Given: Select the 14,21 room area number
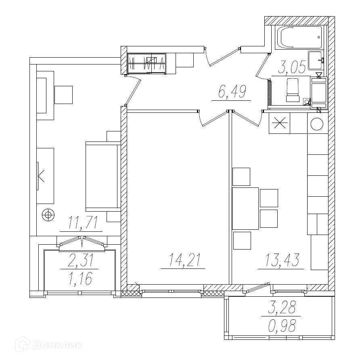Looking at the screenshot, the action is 183,261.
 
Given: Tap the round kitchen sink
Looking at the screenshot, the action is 317,124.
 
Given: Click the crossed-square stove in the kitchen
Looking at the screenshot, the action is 279,123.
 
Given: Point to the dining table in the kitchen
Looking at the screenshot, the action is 245,208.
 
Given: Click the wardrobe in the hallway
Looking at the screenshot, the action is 147,64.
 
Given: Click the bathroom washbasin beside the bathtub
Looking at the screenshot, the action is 315,60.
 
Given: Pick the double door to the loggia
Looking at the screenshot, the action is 82,243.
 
